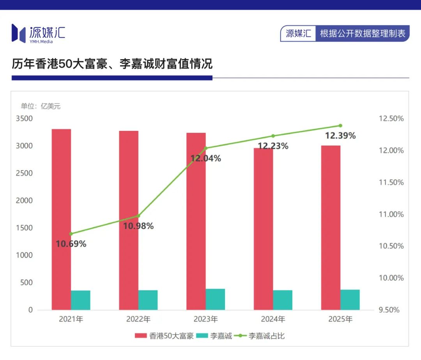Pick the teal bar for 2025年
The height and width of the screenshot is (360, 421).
pyautogui.click(x=350, y=300)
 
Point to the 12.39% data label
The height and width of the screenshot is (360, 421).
pyautogui.click(x=340, y=136)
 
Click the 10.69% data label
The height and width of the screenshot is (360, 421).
pyautogui.click(x=71, y=244)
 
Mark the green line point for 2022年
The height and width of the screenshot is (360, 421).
pyautogui.click(x=138, y=216)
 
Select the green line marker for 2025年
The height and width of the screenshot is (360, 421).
pyautogui.click(x=340, y=125)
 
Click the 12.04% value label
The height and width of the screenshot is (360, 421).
pyautogui.click(x=205, y=159)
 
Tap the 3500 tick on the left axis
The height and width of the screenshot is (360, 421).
pyautogui.click(x=24, y=118)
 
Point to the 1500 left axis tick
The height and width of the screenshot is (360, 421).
pyautogui.click(x=24, y=228)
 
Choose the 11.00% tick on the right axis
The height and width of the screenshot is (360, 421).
pyautogui.click(x=391, y=214)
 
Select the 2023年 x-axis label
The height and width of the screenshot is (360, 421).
pyautogui.click(x=205, y=319)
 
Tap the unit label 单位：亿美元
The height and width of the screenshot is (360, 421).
pyautogui.click(x=41, y=106)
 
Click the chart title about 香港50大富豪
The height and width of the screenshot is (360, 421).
pyautogui.click(x=112, y=64)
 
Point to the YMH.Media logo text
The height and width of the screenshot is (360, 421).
pyautogui.click(x=41, y=42)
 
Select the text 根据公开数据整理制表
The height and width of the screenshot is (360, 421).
pyautogui.click(x=363, y=34)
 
